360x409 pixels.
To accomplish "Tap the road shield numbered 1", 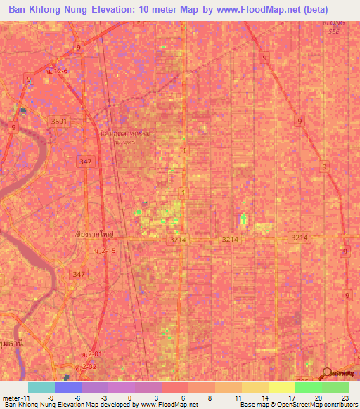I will coord(184,151).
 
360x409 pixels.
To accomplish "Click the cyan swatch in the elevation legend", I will coord(41,387).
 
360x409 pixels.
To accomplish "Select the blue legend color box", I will coord(67,387).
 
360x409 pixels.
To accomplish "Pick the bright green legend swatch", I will coord(308,387).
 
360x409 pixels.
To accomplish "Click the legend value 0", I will coord(130,397).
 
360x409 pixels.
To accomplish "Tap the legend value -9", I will coord(50,397).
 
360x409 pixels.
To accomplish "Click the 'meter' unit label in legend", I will coord(12,397).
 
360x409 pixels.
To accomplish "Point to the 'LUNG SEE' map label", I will coord(331,27).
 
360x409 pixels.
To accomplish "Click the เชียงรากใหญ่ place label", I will coord(94,234).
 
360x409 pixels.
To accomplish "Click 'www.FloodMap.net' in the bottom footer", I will coord(170,405).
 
